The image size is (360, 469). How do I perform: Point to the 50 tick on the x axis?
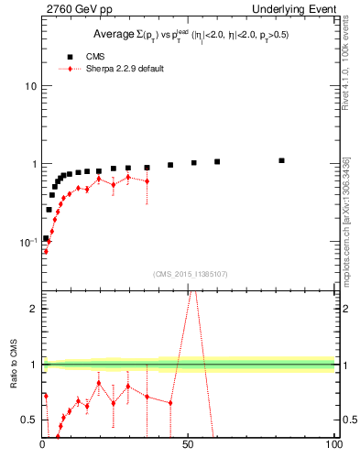coord(189,445)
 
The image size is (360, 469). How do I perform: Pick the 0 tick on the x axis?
coord(42,445)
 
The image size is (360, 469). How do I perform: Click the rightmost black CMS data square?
coord(282,160)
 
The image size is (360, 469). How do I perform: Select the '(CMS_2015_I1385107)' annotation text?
coord(189,274)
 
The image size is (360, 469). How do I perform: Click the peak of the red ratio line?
coord(191,291)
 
